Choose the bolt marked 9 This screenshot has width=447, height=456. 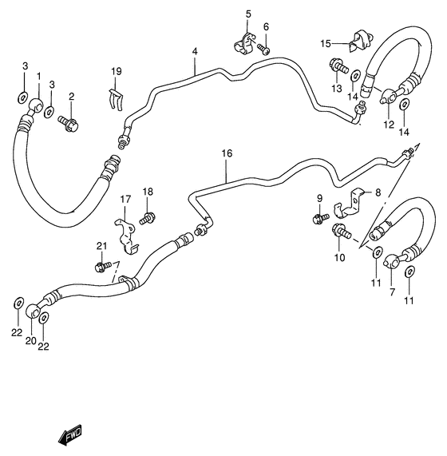(x=321, y=216)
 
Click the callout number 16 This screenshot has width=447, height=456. (x=227, y=152)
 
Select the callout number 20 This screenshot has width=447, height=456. (x=30, y=340)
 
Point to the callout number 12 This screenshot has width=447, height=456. (x=388, y=124)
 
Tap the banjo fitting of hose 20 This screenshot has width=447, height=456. (x=34, y=311)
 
